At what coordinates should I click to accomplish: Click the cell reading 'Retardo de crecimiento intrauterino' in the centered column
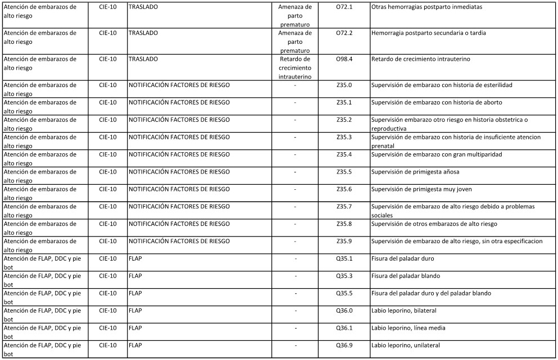295,67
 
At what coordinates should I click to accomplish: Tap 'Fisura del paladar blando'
406,276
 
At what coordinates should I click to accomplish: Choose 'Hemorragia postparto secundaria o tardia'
429,33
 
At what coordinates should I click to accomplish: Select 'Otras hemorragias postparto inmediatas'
427,7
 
